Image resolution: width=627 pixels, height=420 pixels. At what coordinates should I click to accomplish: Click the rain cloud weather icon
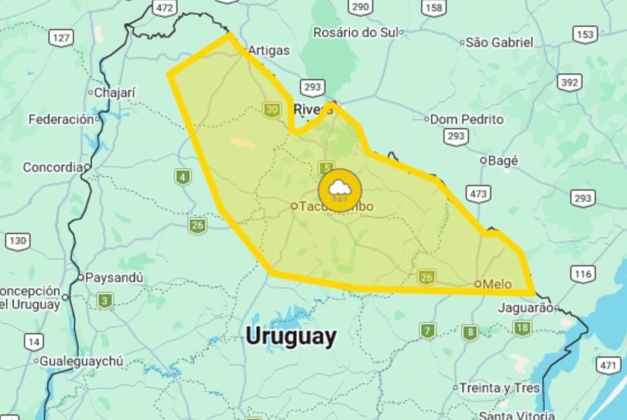pos(339,190)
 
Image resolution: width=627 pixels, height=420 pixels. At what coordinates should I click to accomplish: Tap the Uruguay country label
pos(290,336)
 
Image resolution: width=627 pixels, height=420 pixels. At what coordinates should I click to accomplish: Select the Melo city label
pos(497,284)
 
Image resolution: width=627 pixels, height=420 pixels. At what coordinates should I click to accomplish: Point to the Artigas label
pos(269,50)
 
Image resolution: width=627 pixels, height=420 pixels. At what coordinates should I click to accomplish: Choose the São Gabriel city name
pos(499,42)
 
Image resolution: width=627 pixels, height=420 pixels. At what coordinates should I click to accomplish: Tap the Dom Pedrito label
pos(466,119)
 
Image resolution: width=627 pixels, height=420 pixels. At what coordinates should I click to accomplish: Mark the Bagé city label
pos(503,161)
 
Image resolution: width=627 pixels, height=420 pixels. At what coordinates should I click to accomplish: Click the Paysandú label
pos(114,277)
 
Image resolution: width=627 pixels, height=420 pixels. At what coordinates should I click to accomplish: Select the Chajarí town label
pos(114,93)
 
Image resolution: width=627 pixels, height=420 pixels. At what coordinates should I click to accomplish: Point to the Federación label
pos(61,119)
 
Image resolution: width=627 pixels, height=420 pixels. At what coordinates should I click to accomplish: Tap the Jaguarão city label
pos(526,308)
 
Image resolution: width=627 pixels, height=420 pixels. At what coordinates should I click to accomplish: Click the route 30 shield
pos(271,110)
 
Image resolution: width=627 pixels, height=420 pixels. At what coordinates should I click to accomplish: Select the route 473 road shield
pos(478,194)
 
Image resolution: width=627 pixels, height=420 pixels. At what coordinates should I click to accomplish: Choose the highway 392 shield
pos(570,82)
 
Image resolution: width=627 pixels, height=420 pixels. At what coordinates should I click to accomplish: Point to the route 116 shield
pos(583,273)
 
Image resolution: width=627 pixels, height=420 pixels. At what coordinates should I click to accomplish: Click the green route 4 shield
pos(182,177)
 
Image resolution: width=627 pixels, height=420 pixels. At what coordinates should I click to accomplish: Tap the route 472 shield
pos(164,7)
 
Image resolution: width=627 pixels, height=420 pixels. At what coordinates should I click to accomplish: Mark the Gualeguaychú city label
pos(81,361)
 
